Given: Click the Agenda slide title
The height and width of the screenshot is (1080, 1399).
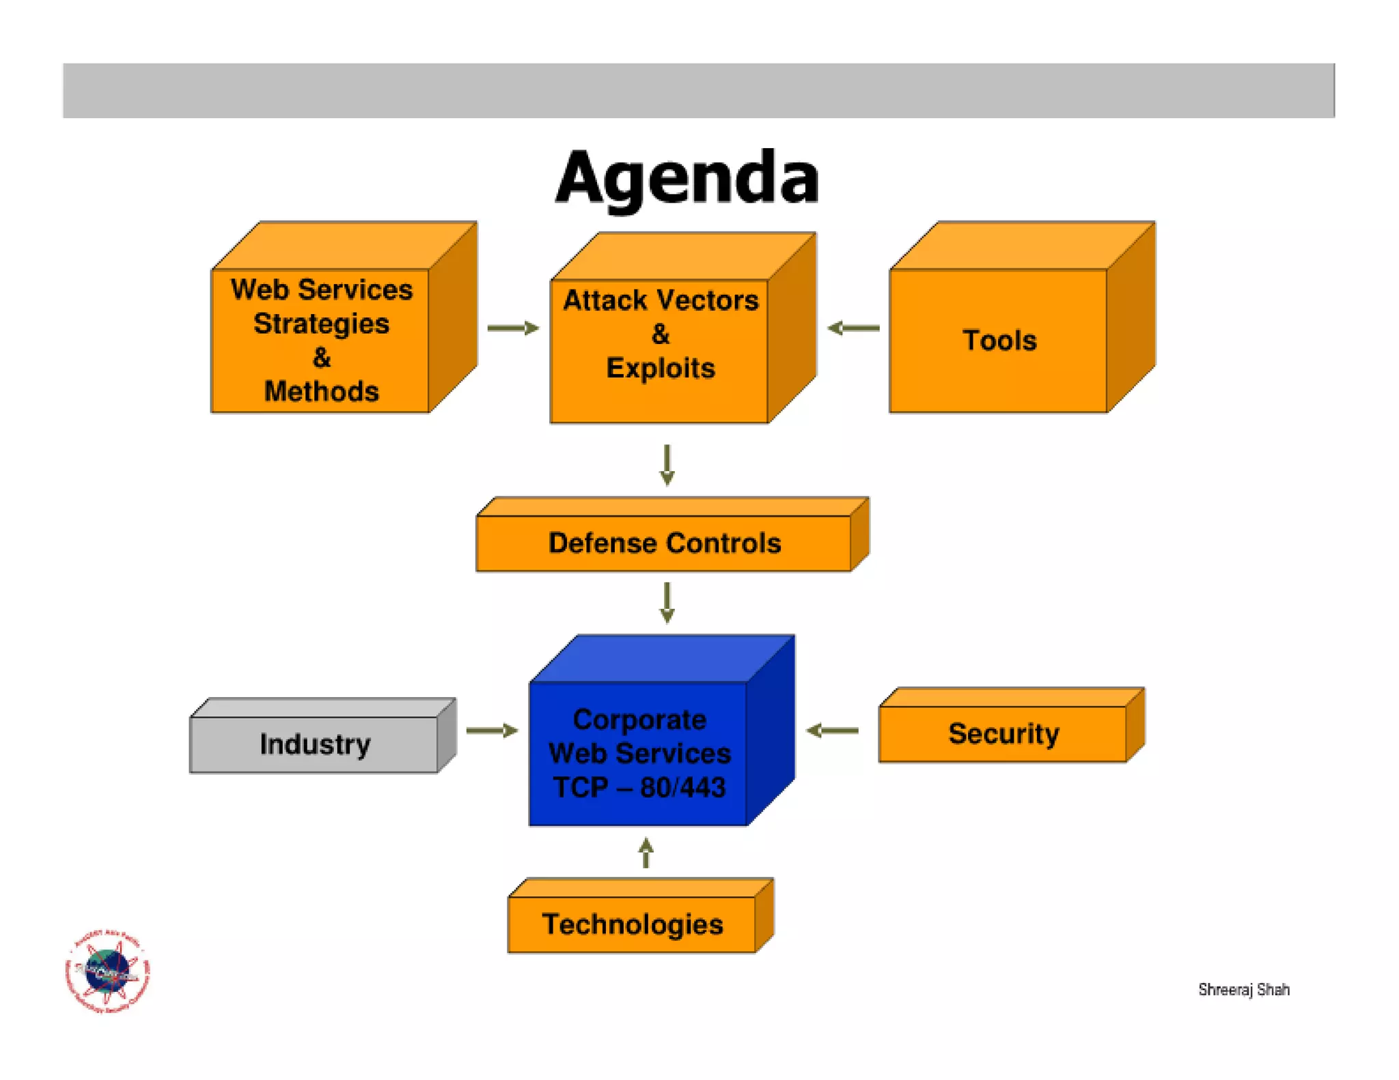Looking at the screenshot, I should [x=687, y=177].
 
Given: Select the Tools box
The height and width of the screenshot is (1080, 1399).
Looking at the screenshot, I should [x=999, y=340].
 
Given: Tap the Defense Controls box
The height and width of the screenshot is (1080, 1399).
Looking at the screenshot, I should [x=664, y=543].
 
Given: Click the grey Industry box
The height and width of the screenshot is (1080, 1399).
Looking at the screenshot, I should [x=314, y=743].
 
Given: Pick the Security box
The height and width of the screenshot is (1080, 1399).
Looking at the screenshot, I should [x=1003, y=733].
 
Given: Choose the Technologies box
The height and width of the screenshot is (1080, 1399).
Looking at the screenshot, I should [x=632, y=924].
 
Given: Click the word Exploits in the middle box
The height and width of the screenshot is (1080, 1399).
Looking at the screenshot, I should [x=661, y=368].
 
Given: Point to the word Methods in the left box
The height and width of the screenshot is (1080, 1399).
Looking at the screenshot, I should [x=321, y=391].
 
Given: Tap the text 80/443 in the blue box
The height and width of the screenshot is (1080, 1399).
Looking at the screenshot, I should [x=682, y=787].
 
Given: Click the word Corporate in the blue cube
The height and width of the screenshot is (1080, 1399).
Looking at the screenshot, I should [x=639, y=720].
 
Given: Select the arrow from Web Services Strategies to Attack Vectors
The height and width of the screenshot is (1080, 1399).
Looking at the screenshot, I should [x=513, y=328].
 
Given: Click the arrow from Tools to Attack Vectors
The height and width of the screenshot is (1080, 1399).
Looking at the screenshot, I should [x=853, y=328].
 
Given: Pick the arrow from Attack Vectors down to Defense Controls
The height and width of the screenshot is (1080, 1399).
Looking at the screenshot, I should [x=667, y=465].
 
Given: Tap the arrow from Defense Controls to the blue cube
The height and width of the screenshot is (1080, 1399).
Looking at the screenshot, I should [x=667, y=602].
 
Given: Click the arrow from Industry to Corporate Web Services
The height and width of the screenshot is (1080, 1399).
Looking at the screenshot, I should [x=492, y=730].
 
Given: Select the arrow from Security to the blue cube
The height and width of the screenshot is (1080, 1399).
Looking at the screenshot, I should [x=832, y=730].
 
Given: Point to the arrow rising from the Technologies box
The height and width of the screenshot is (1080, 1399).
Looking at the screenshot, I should [x=646, y=853].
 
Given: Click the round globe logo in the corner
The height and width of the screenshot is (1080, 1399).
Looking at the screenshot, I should [x=107, y=971].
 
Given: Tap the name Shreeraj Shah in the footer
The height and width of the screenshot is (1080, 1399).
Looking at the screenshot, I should [x=1243, y=989].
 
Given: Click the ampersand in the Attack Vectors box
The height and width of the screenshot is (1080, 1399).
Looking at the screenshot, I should [x=661, y=335].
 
